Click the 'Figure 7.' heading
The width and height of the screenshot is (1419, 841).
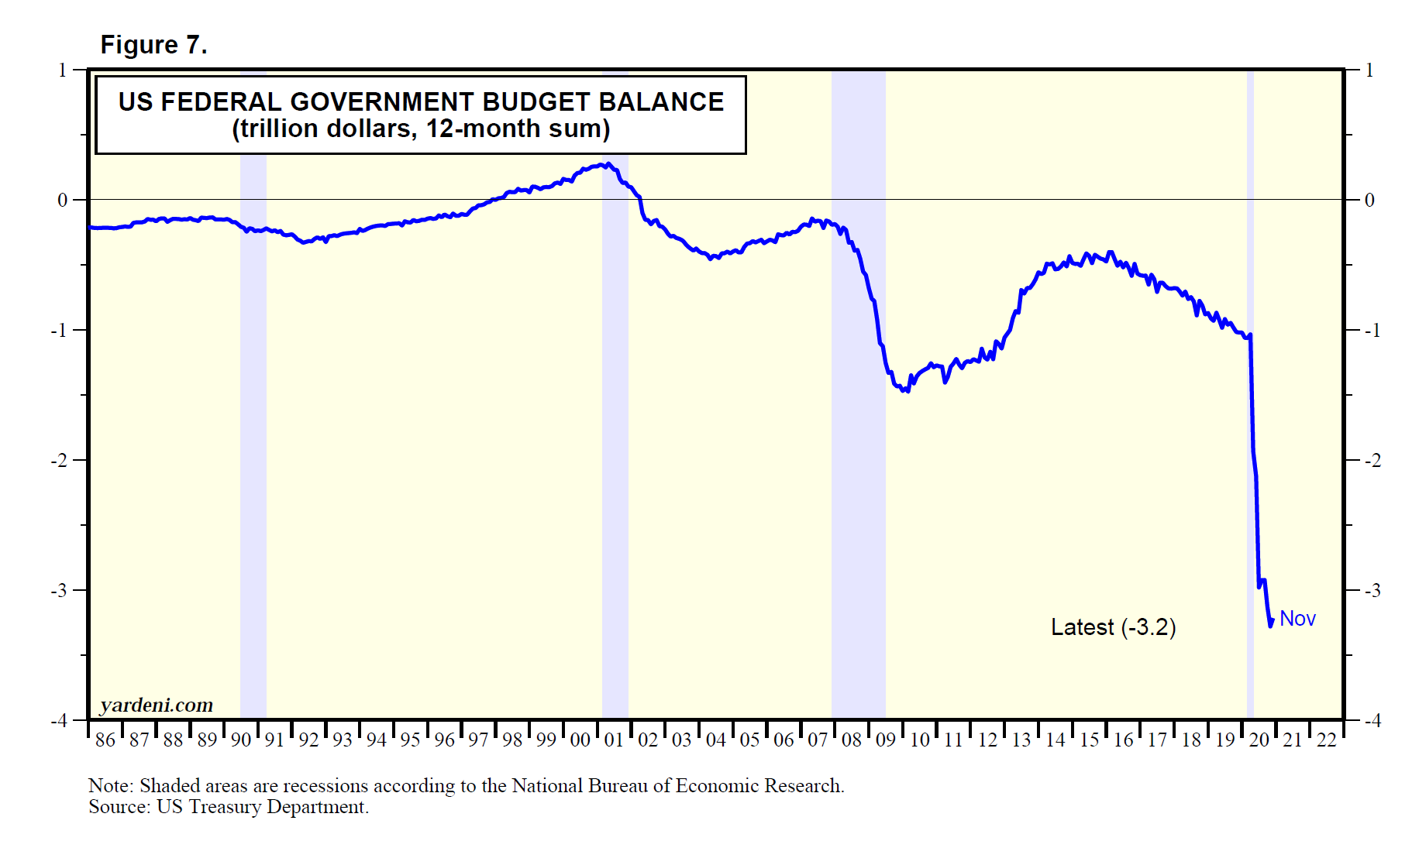pos(153,45)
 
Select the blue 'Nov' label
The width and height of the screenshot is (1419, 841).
pos(1297,619)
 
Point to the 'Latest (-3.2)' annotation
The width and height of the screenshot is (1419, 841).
pos(1113,627)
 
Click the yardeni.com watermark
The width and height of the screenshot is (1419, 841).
pos(157,705)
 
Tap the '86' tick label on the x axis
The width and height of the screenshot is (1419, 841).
pos(105,740)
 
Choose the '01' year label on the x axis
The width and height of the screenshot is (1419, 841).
pos(614,740)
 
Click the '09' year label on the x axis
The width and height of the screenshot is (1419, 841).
pos(886,740)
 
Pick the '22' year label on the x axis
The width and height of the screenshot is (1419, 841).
pos(1327,740)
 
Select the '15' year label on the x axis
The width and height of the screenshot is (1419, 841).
pos(1090,740)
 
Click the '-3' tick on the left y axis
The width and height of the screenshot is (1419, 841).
pos(59,590)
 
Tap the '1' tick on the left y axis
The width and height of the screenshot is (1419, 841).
pos(63,70)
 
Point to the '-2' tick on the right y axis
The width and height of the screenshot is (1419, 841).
pos(1372,460)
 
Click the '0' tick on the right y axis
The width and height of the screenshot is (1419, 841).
pos(1369,200)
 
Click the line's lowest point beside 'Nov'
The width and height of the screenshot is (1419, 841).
pos(1270,625)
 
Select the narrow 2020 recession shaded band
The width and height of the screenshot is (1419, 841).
pos(1250,387)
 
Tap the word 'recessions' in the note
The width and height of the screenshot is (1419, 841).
pos(325,786)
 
